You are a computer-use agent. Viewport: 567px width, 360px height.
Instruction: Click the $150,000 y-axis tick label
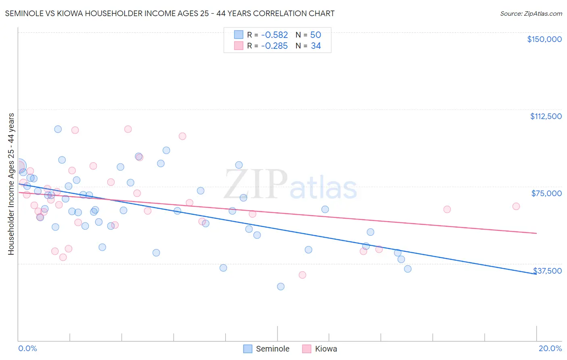(x=544, y=39)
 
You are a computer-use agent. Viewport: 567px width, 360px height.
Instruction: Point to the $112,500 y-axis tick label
(x=546, y=116)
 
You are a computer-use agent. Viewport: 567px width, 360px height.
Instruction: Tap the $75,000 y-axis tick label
(x=546, y=193)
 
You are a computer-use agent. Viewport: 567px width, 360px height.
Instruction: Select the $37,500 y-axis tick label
(x=547, y=271)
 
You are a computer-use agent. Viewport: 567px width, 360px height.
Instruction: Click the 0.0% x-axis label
(x=27, y=348)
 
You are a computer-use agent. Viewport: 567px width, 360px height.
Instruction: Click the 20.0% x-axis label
(x=550, y=348)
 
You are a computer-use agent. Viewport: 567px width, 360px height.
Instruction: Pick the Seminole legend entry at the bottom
(x=267, y=349)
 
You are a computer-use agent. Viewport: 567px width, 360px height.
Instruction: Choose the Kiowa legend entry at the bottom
(x=320, y=349)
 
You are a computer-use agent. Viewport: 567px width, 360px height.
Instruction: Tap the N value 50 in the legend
(x=315, y=35)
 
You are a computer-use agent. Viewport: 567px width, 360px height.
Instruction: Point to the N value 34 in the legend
(x=315, y=46)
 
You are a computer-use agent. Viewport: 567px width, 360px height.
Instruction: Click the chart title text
(x=170, y=13)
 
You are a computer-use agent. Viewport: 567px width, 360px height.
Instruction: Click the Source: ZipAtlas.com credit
(x=531, y=14)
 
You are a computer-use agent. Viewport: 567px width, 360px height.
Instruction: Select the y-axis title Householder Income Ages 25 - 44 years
(x=11, y=184)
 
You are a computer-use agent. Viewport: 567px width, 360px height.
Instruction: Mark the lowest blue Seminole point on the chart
(x=281, y=287)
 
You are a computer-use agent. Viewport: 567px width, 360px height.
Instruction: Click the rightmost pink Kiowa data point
(x=516, y=206)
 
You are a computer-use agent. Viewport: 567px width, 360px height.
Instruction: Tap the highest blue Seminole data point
(x=58, y=129)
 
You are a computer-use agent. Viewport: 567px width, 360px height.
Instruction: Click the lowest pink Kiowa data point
(x=302, y=275)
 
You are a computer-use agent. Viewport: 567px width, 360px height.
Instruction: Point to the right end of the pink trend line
(x=536, y=233)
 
